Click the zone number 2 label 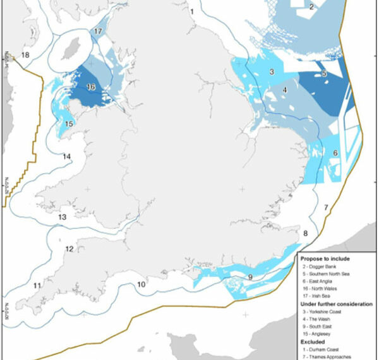point(311,8)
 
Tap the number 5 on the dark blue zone point(323,74)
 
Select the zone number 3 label point(271,73)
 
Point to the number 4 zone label point(286,90)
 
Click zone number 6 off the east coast point(335,153)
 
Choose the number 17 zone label point(99,32)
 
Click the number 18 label point(25,56)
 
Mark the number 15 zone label point(69,124)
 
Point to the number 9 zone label point(250,277)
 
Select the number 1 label point(191,11)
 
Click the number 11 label point(37,286)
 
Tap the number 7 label point(326,207)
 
